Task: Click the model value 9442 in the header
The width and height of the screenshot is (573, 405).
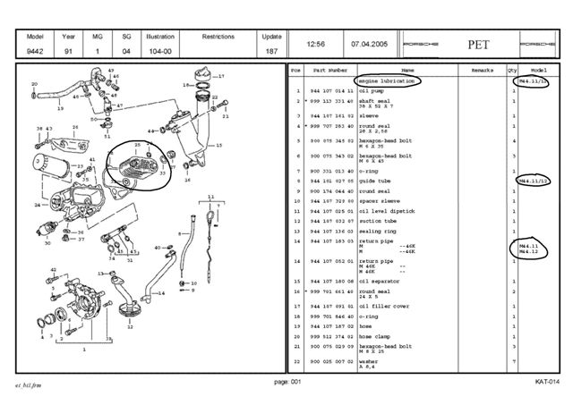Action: click(36, 52)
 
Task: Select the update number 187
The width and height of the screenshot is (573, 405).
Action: click(270, 52)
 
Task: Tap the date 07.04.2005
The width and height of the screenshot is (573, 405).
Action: click(367, 43)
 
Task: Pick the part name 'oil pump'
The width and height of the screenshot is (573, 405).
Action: click(372, 91)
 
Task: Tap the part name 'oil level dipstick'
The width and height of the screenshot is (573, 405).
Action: click(382, 211)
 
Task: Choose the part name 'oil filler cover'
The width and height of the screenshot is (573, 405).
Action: click(381, 307)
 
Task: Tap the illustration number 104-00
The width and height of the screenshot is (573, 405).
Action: click(160, 52)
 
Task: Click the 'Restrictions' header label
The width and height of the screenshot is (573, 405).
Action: click(218, 38)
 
